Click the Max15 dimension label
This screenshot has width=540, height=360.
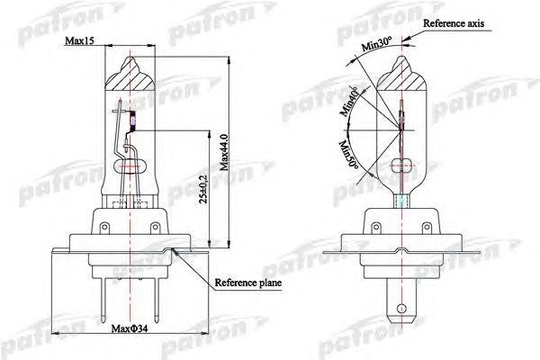(x=80, y=42)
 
